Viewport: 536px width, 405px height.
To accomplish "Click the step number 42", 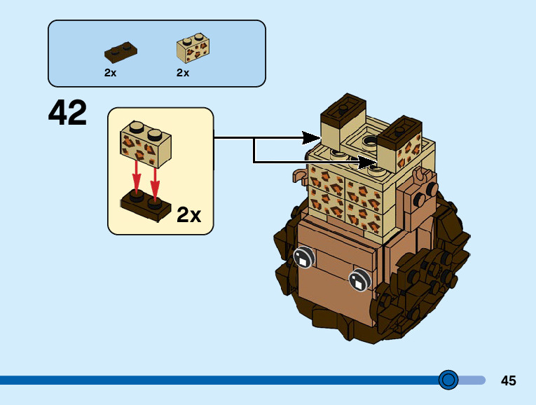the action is (67, 112).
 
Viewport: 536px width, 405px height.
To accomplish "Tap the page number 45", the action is (508, 380).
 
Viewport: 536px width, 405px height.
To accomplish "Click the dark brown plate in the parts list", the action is (121, 52).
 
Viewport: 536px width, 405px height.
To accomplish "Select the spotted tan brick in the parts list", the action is (193, 48).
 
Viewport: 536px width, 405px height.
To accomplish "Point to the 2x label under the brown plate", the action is (110, 73).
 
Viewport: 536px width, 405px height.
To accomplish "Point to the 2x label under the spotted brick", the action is (183, 73).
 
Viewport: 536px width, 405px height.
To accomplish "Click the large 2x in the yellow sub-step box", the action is (188, 214).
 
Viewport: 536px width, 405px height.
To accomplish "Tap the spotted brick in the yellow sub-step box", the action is (146, 144).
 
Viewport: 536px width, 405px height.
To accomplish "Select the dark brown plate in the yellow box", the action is (146, 205).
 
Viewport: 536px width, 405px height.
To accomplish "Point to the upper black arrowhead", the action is (311, 138).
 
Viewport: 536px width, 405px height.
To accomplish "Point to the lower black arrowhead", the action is (367, 162).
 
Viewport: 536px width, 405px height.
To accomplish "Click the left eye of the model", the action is (303, 257).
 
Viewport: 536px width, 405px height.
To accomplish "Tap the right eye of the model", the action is (359, 280).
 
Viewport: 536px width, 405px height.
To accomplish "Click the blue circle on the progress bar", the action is (448, 380).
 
